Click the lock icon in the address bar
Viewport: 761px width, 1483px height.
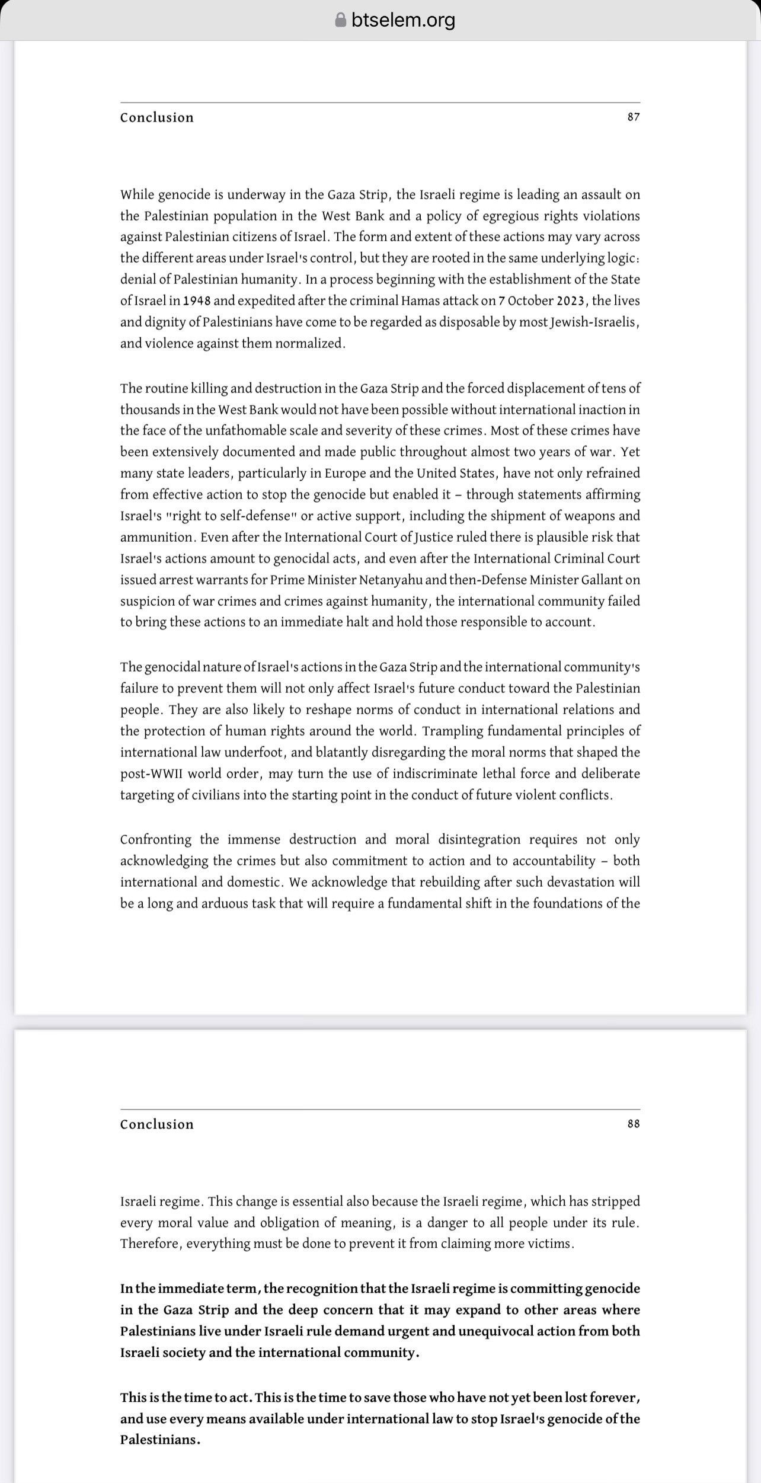(340, 20)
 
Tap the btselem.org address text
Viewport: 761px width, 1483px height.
(403, 20)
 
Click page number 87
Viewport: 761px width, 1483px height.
(634, 117)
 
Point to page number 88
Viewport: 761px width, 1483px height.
(634, 1124)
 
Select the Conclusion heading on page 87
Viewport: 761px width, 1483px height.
(157, 117)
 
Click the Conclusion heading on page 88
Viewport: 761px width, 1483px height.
(157, 1124)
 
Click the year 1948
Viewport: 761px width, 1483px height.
(197, 301)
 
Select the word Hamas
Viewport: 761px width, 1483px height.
(421, 301)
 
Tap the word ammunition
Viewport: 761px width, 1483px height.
(156, 537)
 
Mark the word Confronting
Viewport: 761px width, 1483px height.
(156, 840)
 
